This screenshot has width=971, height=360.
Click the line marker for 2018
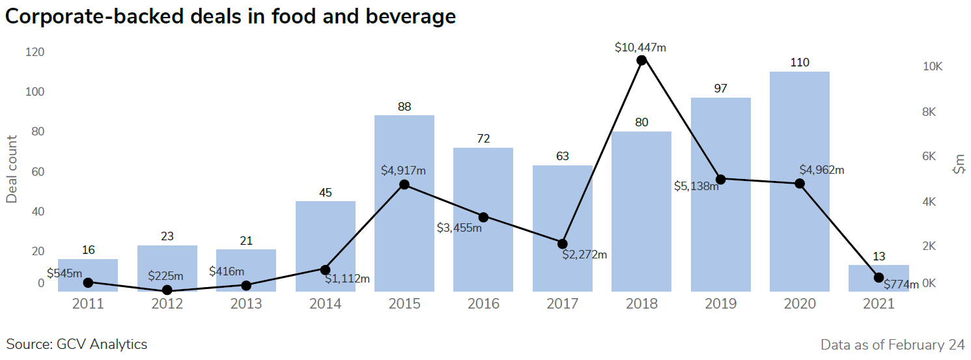click(x=641, y=60)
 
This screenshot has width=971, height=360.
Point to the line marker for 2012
click(x=167, y=290)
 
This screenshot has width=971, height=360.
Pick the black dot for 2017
click(x=563, y=243)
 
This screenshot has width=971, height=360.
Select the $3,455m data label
click(x=459, y=227)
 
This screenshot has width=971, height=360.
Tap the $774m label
click(x=901, y=284)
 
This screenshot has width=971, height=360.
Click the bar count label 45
click(x=326, y=193)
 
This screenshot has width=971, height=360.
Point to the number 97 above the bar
click(x=720, y=89)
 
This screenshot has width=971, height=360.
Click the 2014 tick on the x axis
click(x=326, y=304)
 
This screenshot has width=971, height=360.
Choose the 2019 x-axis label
click(x=720, y=304)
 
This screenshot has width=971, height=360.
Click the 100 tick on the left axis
click(x=35, y=92)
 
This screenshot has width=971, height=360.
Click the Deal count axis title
click(x=12, y=169)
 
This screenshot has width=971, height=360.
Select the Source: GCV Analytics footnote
click(x=77, y=344)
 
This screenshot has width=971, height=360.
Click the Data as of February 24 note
click(x=892, y=344)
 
